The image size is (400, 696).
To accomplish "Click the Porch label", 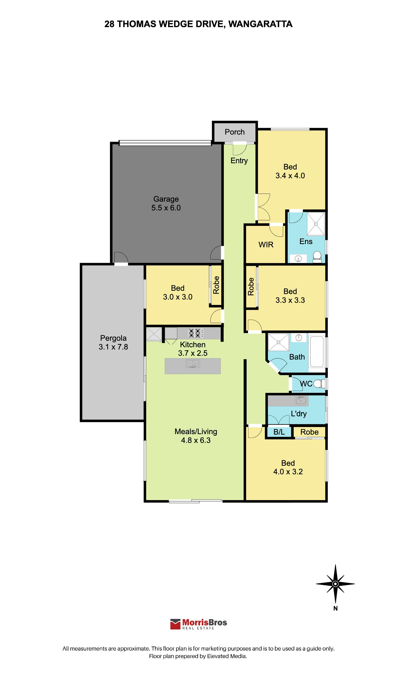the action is (235, 132).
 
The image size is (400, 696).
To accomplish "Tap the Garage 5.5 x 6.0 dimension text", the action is (166, 208).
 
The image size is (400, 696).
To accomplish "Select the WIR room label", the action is (266, 245).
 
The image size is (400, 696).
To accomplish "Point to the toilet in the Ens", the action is (317, 257).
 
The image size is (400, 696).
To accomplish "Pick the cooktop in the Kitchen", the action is (196, 333).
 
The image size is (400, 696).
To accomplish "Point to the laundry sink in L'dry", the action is (301, 400).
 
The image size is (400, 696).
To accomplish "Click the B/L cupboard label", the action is (279, 432).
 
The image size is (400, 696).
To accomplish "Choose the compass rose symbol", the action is (335, 584).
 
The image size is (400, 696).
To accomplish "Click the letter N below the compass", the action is (335, 608).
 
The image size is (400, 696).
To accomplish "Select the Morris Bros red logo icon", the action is (175, 624).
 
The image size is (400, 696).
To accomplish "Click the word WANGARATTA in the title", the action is (261, 24).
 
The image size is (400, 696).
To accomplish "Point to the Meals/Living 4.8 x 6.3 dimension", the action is (196, 440).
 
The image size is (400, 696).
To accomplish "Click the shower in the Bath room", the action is (279, 342).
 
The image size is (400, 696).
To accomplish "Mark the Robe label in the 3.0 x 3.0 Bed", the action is (216, 285).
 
